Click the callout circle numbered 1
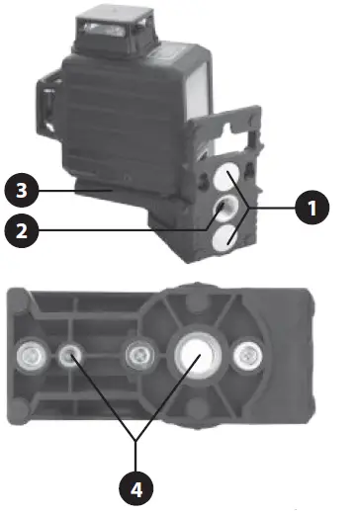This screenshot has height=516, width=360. pos(311,209)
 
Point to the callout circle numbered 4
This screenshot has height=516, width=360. pos(137,485)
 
